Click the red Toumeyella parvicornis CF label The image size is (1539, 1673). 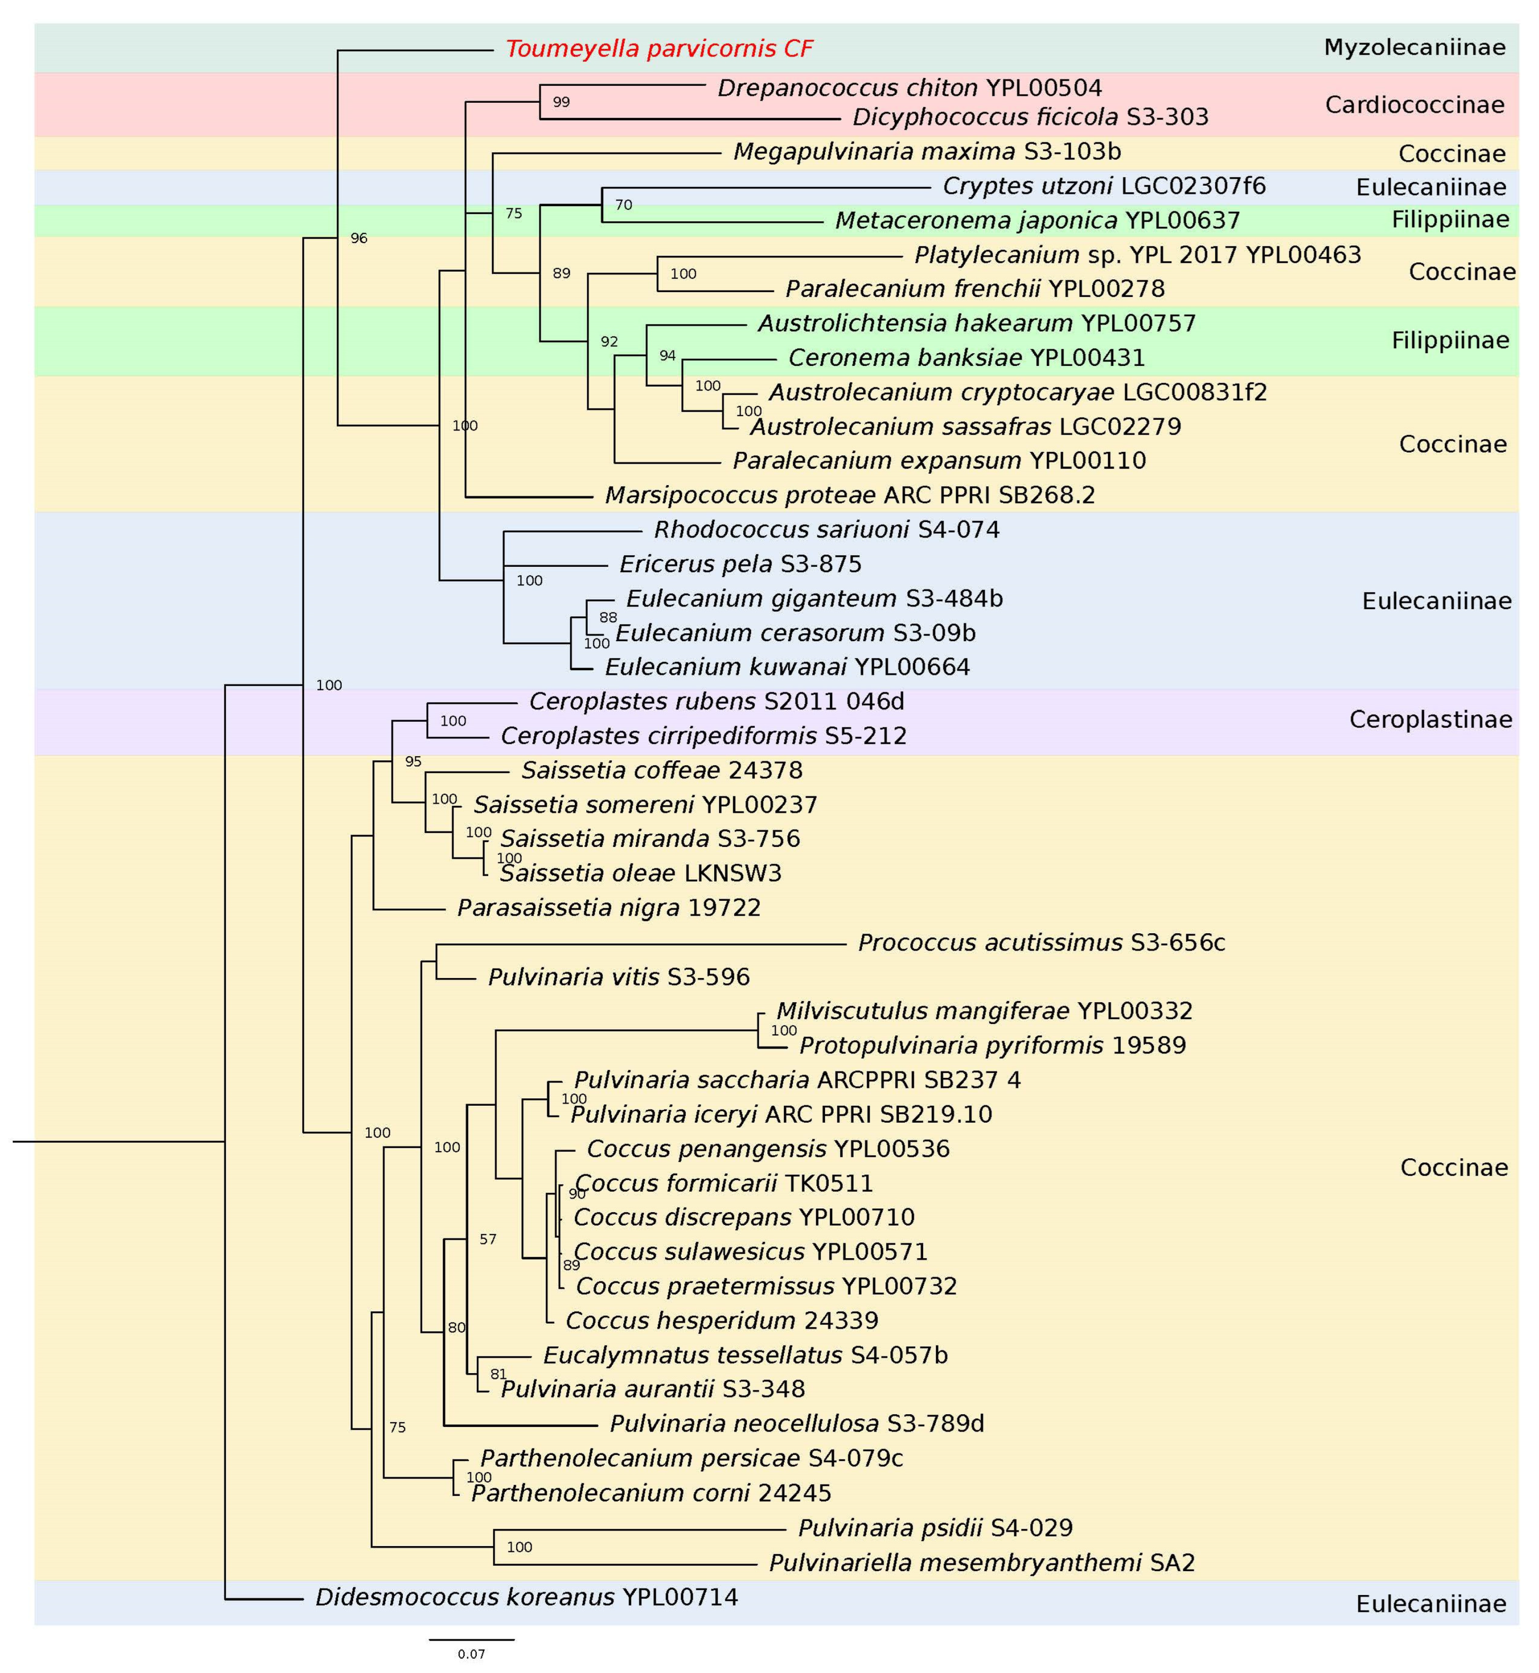click(659, 49)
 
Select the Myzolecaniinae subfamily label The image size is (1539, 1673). click(1414, 47)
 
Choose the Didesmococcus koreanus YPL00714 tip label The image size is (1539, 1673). click(527, 1596)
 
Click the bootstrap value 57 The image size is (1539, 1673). click(488, 1239)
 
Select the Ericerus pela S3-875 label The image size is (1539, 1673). click(741, 565)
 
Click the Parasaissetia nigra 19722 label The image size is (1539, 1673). click(609, 908)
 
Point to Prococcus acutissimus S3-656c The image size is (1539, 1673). click(1041, 943)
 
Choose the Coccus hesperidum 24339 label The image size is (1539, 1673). click(721, 1321)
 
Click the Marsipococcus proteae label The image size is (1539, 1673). click(850, 496)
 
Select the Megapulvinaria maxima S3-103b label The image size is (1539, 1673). click(927, 152)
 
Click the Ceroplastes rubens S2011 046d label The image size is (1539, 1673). click(716, 701)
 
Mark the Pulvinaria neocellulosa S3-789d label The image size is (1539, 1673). click(797, 1424)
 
